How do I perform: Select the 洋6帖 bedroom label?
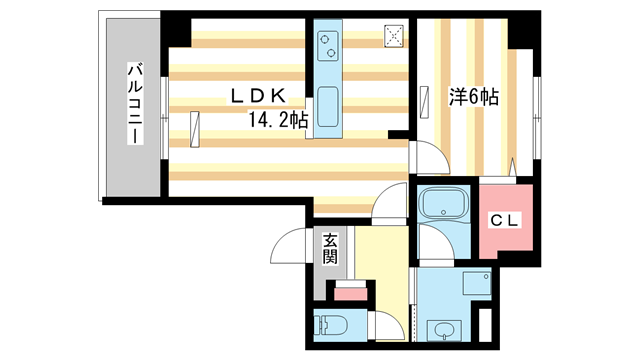tap(473, 98)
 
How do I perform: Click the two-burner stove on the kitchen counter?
tap(327, 47)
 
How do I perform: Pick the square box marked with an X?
tap(393, 36)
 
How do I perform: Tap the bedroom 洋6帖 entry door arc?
tap(425, 158)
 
